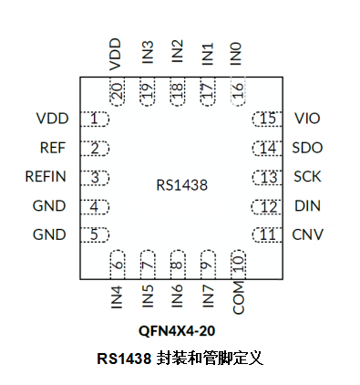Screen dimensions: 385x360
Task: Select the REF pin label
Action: [52, 148]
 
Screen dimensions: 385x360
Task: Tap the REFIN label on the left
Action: [45, 177]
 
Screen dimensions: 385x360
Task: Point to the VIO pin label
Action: [308, 119]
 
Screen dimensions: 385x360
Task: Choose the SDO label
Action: [308, 148]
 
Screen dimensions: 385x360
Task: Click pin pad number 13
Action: [266, 177]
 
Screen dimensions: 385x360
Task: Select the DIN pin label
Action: [307, 206]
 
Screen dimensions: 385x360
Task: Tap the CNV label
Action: [308, 234]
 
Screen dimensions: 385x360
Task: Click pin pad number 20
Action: [117, 92]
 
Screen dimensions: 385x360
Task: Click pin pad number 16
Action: [237, 92]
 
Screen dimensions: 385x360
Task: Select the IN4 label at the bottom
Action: [117, 299]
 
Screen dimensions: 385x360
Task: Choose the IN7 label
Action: [207, 299]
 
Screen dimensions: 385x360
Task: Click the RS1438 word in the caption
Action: [126, 358]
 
